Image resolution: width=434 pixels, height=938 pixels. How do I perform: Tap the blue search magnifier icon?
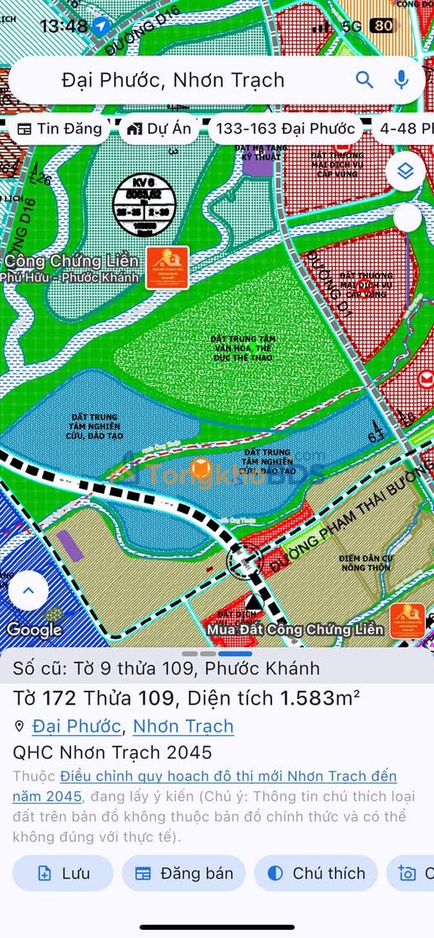[365, 79]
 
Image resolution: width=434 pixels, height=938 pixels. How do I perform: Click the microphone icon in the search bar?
[402, 79]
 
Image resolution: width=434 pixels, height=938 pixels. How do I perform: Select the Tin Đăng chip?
[60, 129]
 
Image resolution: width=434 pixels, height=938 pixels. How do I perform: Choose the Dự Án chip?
[160, 129]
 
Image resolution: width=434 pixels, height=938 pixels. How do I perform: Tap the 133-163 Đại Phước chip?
[285, 129]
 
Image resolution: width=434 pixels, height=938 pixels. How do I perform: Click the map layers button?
[404, 171]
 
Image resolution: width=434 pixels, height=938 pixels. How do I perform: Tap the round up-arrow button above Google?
[28, 590]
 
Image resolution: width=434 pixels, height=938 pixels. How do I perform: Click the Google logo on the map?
[35, 630]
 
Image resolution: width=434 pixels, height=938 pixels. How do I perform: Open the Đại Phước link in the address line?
[77, 726]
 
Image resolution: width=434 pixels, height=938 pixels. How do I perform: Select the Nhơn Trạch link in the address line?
[183, 726]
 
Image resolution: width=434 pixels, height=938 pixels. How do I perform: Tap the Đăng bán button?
[184, 874]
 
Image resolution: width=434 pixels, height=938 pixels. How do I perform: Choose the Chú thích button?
[316, 874]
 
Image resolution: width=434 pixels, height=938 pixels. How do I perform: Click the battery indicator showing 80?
[382, 26]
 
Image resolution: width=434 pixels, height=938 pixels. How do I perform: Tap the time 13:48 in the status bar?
[64, 26]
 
